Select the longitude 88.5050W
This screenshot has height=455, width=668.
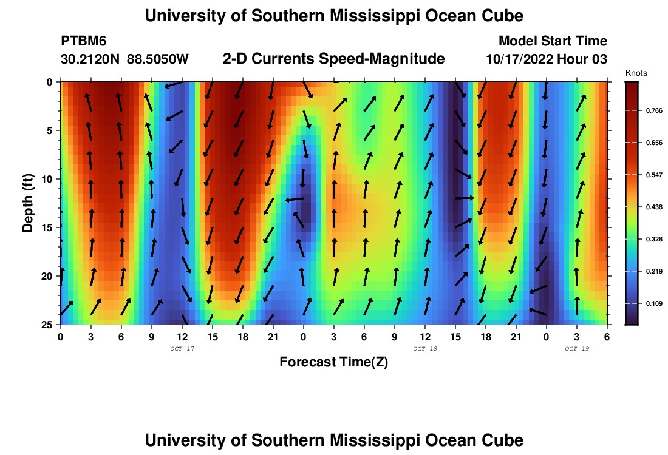158,59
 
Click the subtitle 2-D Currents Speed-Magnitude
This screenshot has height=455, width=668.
334,59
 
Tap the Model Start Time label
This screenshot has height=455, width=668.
553,41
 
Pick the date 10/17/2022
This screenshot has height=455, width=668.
522,59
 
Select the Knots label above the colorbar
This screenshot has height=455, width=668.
636,73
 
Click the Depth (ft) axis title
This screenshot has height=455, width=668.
27,203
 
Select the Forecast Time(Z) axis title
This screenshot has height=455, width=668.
333,362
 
